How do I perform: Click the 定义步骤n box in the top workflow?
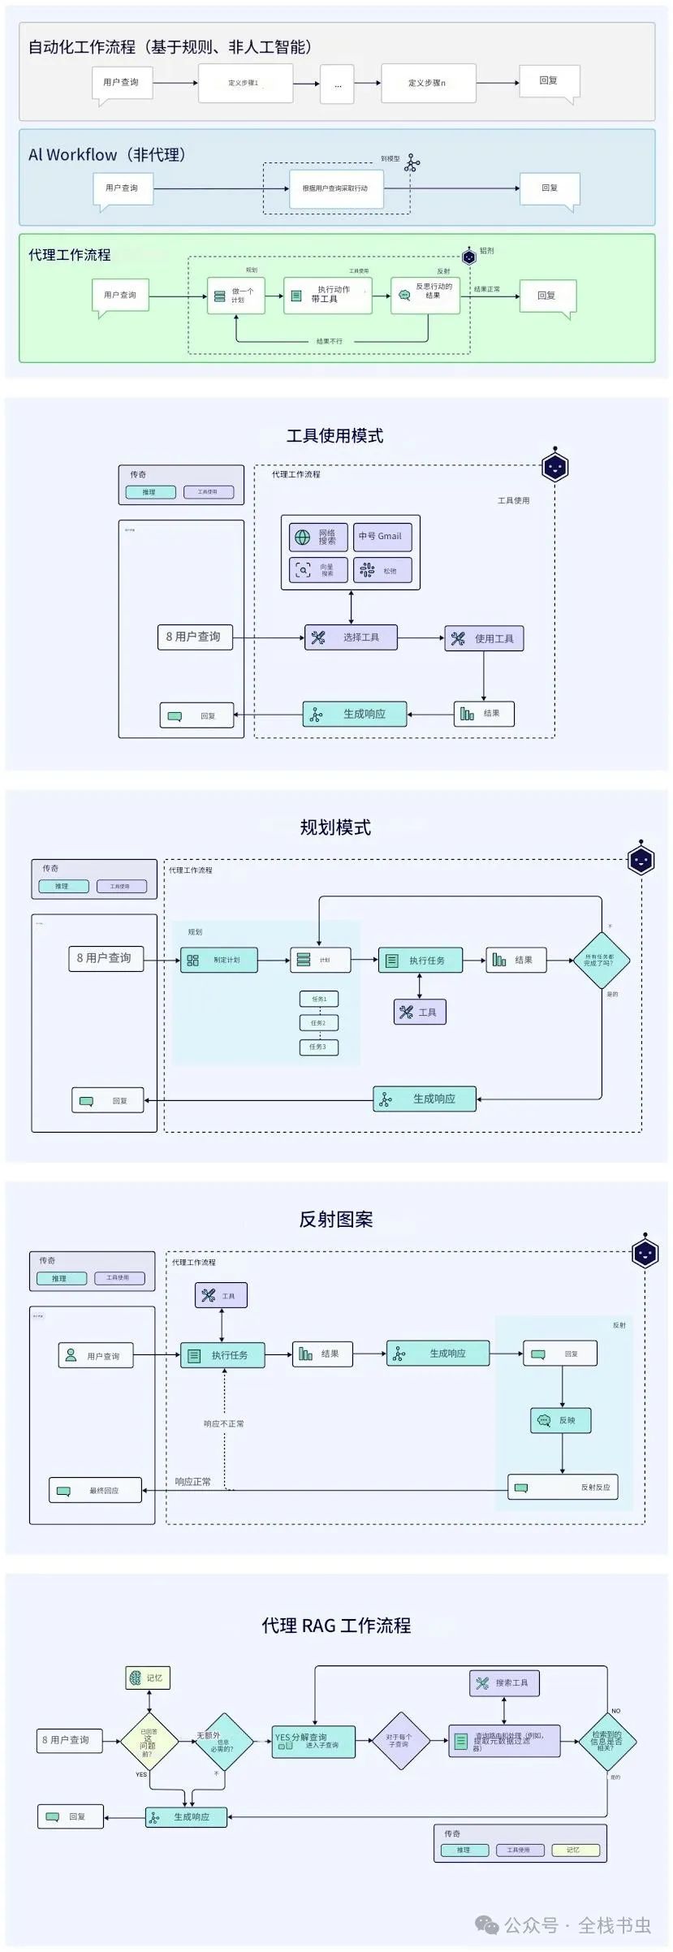coord(428,83)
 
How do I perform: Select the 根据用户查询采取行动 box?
coord(335,188)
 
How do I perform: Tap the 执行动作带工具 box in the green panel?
coord(327,296)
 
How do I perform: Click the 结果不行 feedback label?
coord(330,342)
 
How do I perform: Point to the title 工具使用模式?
coord(334,436)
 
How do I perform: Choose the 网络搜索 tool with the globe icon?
coord(318,537)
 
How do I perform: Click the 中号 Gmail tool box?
coord(382,537)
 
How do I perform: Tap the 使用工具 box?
coord(484,638)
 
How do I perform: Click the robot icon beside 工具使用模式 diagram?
coord(554,467)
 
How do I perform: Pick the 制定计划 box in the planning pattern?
coord(218,960)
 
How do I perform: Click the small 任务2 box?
coord(318,1023)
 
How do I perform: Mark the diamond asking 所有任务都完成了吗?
coord(601,960)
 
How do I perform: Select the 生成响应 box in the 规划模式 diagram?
coord(425,1099)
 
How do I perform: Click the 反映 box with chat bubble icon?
coord(560,1420)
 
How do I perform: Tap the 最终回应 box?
coord(96,1491)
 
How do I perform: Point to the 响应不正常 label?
coord(224,1423)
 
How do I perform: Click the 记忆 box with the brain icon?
coord(148,1678)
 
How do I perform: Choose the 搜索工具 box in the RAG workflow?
coord(504,1682)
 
